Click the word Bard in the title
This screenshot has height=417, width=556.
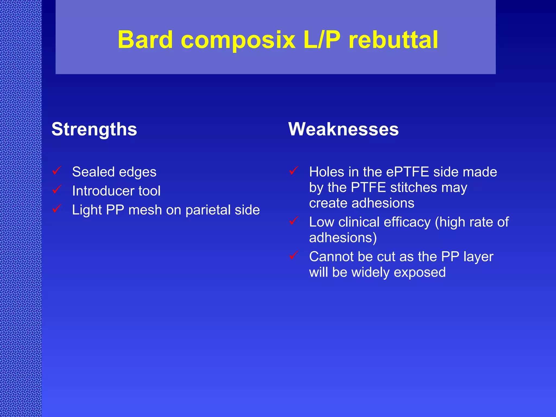[145, 40]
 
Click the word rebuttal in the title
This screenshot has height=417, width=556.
[393, 40]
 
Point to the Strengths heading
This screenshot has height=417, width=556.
[94, 129]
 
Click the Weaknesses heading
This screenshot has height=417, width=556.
[343, 129]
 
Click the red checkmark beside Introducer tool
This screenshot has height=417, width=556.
[57, 189]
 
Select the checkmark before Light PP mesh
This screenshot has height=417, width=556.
[57, 208]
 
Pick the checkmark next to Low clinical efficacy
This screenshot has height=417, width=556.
[294, 220]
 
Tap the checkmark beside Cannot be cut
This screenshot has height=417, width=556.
[294, 255]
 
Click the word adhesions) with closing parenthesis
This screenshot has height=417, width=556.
[343, 238]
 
